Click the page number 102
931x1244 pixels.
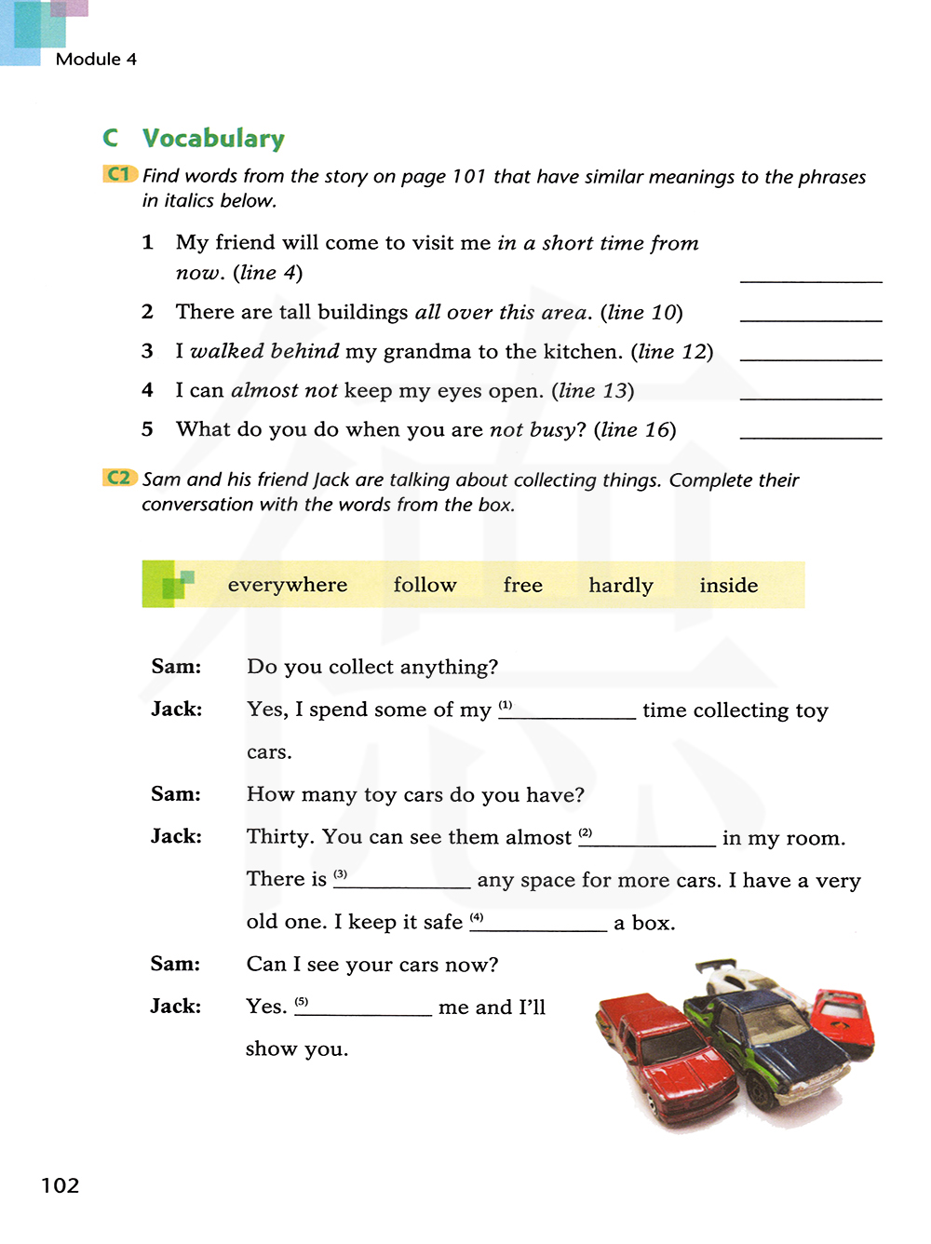tap(61, 1185)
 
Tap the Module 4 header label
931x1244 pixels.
tap(96, 60)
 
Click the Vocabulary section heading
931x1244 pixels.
tap(213, 139)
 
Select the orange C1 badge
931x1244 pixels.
tap(119, 174)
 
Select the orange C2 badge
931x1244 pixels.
tap(119, 478)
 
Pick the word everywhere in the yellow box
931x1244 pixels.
tap(288, 585)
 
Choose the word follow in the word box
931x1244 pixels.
tap(425, 585)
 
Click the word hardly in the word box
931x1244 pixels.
tap(621, 586)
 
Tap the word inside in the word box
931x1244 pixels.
tap(729, 586)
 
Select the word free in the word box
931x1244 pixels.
tap(523, 585)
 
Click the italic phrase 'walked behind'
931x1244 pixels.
tap(264, 351)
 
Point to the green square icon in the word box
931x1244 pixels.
tap(173, 585)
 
